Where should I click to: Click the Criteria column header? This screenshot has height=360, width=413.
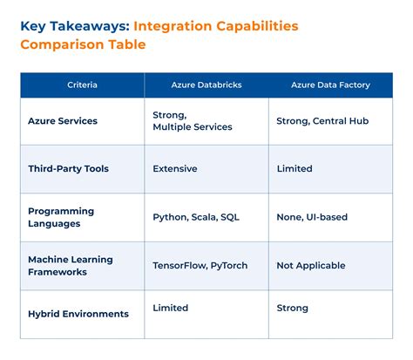coord(82,85)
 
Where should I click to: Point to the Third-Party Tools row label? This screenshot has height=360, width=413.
coord(68,168)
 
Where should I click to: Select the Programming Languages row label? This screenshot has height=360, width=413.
coord(62,217)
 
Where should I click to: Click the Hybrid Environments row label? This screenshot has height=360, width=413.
coord(78,314)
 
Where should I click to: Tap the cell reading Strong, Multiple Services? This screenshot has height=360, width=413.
coord(192,121)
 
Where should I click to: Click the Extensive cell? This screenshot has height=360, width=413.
coord(175,168)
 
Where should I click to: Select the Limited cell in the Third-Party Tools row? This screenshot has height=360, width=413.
coord(294,168)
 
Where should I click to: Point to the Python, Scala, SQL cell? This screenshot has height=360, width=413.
coord(195,217)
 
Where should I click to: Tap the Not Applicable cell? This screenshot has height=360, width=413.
coord(310,265)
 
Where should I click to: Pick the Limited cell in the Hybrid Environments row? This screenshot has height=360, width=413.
coord(171,308)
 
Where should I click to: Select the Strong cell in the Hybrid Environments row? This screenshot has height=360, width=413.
coord(292,308)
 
